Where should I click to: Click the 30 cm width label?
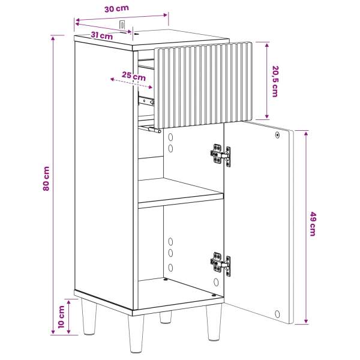tap(116, 9)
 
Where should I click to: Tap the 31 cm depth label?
tap(102, 35)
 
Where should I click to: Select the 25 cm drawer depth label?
tap(134, 76)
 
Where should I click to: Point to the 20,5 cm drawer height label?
tap(275, 81)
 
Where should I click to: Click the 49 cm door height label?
tap(313, 224)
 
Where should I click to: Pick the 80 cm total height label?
tap(46, 179)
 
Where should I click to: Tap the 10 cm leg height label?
tap(61, 317)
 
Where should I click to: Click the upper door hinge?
tap(220, 155)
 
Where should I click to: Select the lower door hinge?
tap(220, 263)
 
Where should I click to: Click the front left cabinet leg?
tap(136, 334)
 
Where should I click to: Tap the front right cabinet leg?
tap(214, 322)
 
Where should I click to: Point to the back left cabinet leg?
tap(89, 316)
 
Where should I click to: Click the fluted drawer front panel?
tap(203, 85)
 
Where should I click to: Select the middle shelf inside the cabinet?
tap(181, 193)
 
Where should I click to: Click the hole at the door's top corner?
tap(277, 135)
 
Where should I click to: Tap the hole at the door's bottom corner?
tap(277, 314)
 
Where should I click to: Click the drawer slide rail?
tap(146, 100)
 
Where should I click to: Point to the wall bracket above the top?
tap(122, 25)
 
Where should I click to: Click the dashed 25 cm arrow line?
tap(131, 83)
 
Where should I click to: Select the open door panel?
tap(259, 222)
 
